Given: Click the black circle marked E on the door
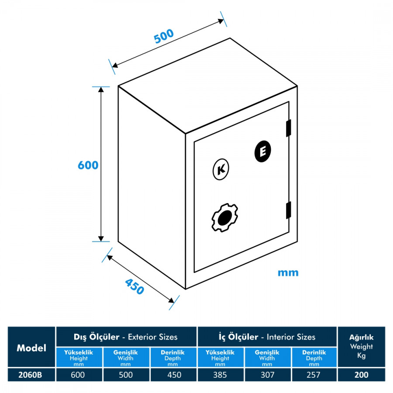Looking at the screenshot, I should (x=263, y=152).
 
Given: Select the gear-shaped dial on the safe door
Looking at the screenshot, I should (x=224, y=217).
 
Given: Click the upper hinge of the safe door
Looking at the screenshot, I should (x=288, y=128).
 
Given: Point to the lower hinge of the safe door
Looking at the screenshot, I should (x=288, y=210).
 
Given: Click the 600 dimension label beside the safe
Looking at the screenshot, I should (x=88, y=165).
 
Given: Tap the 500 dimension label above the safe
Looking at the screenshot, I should (x=164, y=36).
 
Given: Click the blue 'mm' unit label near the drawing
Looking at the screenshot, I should (x=288, y=273).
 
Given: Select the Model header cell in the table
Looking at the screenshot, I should (x=31, y=348).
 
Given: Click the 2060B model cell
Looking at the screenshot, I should (x=31, y=375).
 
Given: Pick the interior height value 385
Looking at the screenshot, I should (x=220, y=375).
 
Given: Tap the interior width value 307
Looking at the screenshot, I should (x=267, y=375).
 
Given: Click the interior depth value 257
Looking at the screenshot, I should (x=314, y=375).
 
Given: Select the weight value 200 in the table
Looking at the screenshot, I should (x=362, y=375).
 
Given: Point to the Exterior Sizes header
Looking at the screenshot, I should (x=126, y=337).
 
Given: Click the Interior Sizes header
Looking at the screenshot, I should (x=267, y=337).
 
